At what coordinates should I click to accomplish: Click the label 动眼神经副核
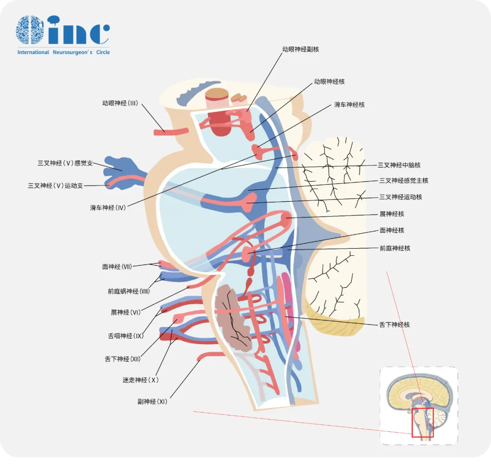[301, 49]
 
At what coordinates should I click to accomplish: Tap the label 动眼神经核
[329, 82]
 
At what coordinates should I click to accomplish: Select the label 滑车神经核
[349, 105]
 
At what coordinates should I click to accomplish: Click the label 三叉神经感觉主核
[404, 181]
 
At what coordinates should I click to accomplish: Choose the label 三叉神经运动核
[401, 197]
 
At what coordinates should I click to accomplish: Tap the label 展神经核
[391, 214]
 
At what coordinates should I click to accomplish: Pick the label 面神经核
[391, 230]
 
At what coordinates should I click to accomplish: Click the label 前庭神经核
[395, 249]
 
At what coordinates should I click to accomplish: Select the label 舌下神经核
[394, 325]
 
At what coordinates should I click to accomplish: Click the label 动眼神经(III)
[120, 104]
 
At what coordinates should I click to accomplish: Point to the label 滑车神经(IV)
[108, 208]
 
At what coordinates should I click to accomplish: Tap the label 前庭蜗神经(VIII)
[129, 291]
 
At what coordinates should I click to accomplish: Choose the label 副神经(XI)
[152, 402]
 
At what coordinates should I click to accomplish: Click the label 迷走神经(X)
[140, 380]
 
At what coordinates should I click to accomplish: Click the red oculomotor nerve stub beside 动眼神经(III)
[171, 132]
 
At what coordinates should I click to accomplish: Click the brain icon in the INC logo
[30, 30]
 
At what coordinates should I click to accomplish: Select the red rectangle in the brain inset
[422, 423]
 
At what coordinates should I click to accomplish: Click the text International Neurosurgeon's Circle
[64, 52]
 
